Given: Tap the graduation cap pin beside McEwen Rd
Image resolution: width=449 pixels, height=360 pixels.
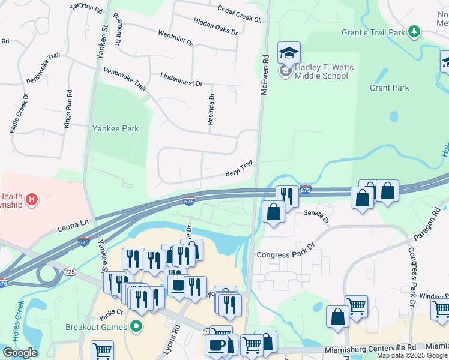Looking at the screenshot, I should (x=289, y=53).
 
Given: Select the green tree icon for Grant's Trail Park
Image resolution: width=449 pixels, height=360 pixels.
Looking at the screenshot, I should (x=414, y=31).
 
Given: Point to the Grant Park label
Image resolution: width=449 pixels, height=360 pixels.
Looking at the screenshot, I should (x=389, y=88).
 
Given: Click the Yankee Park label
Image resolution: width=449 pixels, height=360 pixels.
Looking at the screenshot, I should (x=115, y=128).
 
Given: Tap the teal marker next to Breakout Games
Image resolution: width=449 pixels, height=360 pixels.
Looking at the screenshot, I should (x=137, y=327).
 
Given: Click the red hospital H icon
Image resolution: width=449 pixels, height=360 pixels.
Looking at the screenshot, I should (x=31, y=199).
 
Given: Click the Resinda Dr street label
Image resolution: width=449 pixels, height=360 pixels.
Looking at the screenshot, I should (x=211, y=109).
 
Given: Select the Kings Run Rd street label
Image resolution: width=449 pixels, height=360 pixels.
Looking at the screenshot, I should (x=68, y=109).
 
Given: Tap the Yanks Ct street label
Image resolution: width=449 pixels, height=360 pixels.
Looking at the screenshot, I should (x=111, y=313).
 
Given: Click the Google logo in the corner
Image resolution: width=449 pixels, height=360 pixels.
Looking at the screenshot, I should (x=19, y=353).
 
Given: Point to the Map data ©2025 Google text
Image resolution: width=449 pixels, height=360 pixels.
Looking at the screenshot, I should (x=412, y=355).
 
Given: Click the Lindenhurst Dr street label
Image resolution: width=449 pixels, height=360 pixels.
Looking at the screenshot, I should (x=181, y=79).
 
